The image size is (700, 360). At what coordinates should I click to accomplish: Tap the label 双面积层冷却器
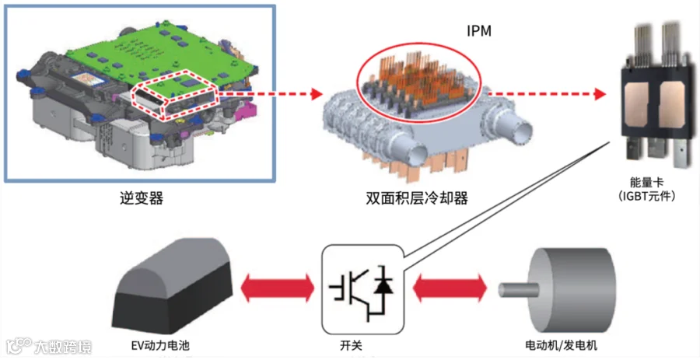pyautogui.click(x=417, y=198)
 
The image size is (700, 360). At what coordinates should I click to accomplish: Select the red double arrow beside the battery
pyautogui.click(x=271, y=289)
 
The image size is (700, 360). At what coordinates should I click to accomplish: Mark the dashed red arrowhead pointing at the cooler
pyautogui.click(x=315, y=93)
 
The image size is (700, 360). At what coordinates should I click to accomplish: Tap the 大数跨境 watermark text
pyautogui.click(x=61, y=346)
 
